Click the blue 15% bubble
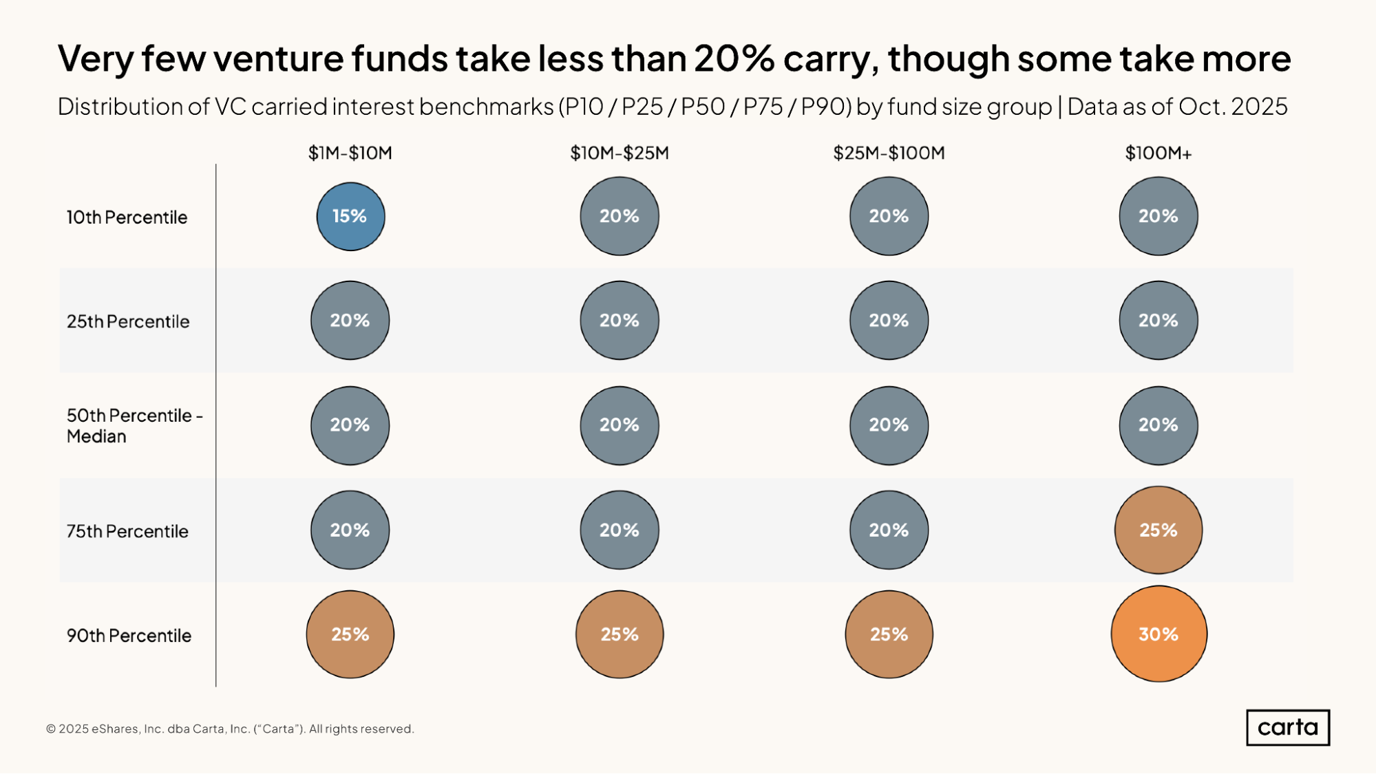350,216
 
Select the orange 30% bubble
1158,634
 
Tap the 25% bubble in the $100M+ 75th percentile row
1158,530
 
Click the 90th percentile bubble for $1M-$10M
350,634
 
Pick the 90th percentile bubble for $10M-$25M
620,634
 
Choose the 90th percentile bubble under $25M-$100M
889,634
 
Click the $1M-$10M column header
350,153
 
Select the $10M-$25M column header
620,153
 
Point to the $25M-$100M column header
889,153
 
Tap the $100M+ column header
1158,153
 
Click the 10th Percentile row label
127,217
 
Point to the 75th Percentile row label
127,531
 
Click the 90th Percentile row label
129,636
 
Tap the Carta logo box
1287,727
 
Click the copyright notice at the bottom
230,729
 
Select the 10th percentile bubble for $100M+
1158,216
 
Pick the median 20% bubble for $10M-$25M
620,425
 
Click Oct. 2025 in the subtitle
1232,107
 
